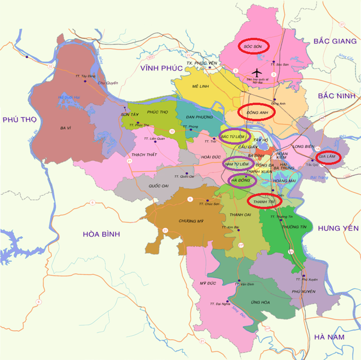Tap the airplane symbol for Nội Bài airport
point(257,73)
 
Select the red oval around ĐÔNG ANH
point(257,112)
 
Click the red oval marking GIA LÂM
point(328,157)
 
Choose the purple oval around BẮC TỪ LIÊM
point(234,136)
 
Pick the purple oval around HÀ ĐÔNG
point(241,180)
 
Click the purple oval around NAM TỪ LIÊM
point(236,164)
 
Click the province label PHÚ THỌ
point(19,120)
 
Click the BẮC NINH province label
point(338,97)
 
